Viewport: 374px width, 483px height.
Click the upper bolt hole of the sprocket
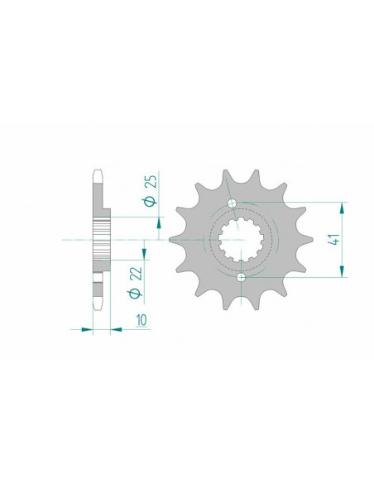coord(233,203)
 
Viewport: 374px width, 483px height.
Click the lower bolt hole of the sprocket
coord(241,277)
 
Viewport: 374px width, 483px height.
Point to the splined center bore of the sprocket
coord(241,240)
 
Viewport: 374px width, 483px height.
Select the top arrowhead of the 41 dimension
coord(342,207)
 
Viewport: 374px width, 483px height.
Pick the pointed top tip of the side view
coord(98,173)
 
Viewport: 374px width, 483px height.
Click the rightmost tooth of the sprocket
coord(309,240)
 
